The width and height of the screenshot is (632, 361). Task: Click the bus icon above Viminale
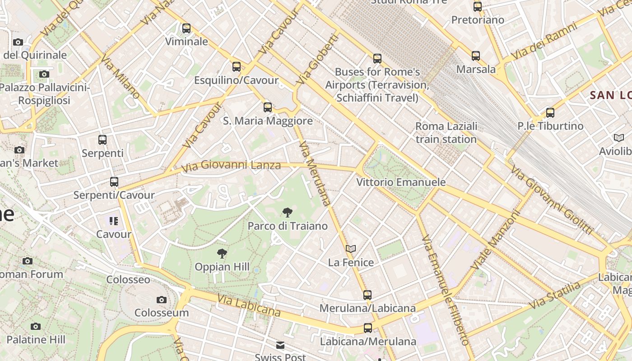pos(186,28)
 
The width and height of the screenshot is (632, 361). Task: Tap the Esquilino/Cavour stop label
pos(236,80)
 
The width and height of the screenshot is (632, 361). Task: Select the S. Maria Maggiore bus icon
pos(268,107)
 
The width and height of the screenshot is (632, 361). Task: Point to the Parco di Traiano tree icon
pos(287,213)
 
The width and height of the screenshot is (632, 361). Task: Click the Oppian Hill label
pos(222,267)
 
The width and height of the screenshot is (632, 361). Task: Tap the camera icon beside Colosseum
pos(162,300)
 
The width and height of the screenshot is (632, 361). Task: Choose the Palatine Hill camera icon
pos(36,326)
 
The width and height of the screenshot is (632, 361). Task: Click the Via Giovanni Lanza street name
pos(231,166)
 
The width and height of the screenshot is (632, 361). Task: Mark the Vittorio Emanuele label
pos(401,182)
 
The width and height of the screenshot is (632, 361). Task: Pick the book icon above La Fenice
pos(351,249)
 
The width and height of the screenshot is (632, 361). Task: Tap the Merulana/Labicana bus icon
pos(367,295)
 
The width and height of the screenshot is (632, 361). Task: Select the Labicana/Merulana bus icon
pos(368,328)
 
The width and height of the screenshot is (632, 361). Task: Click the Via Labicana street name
pos(249,305)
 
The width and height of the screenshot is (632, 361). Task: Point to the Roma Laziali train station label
pos(446,133)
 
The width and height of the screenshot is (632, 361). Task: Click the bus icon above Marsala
pos(476,56)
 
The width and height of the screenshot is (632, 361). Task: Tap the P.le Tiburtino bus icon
pos(550,113)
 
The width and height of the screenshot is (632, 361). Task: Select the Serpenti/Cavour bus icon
pos(114,182)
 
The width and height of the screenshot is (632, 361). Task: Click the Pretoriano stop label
pos(478,20)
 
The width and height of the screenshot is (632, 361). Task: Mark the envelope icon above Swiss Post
pos(280,346)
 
